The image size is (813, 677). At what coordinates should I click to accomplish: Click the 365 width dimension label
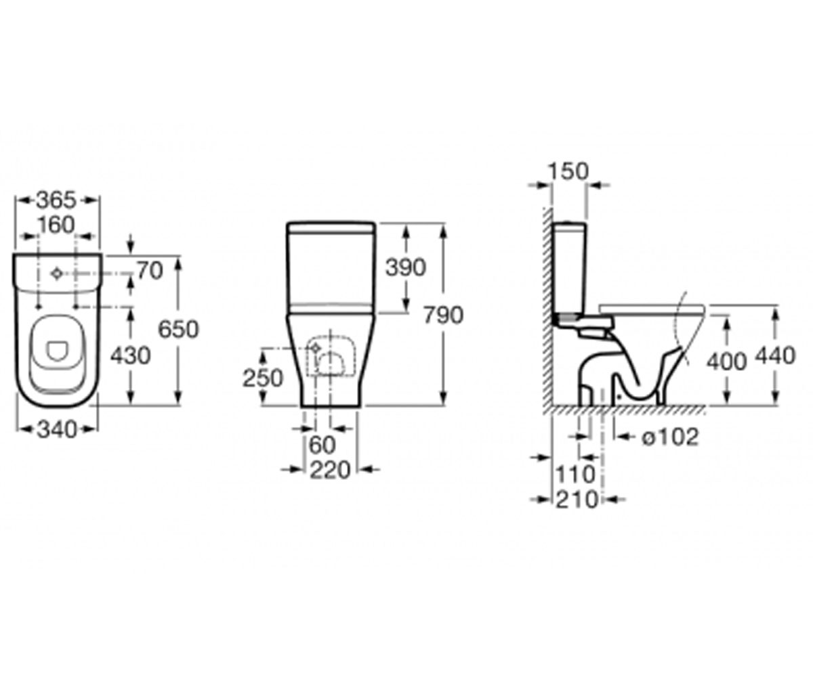click(x=57, y=200)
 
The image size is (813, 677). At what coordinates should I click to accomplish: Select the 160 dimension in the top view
click(x=56, y=225)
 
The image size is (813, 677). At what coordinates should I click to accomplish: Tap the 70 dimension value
click(x=150, y=271)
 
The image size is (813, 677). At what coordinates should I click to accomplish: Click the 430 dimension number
click(x=131, y=355)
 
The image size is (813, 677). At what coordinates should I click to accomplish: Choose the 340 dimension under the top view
click(x=57, y=430)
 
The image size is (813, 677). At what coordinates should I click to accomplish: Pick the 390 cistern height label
click(x=406, y=267)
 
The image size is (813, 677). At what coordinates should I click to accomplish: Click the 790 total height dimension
click(x=444, y=315)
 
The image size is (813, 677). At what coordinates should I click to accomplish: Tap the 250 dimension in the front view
click(x=263, y=378)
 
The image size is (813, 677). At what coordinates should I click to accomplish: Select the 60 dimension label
click(x=322, y=445)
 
